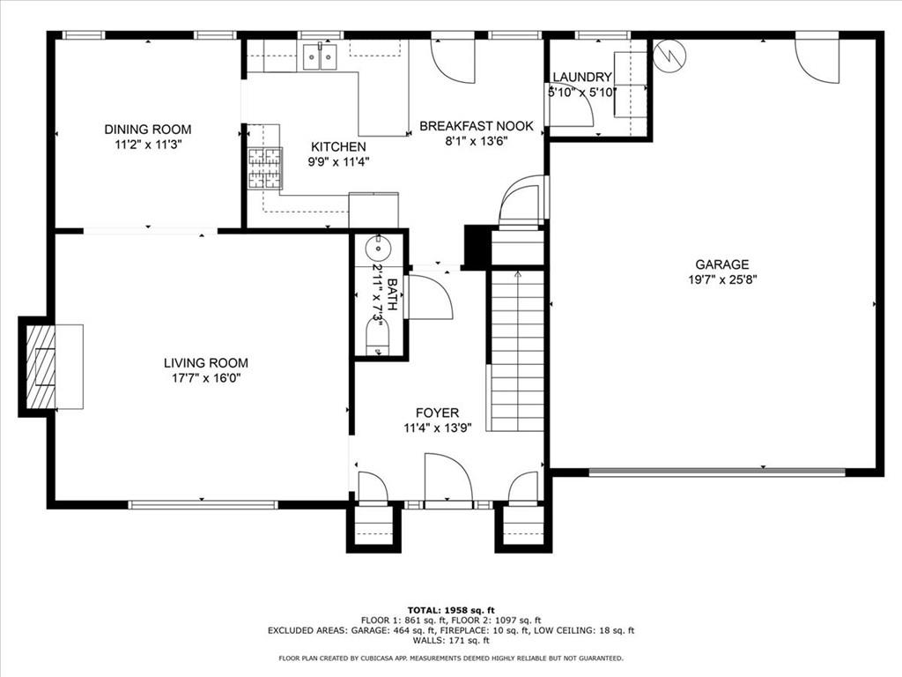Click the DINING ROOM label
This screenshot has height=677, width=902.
pos(148,129)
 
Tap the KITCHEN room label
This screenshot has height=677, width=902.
pos(338,147)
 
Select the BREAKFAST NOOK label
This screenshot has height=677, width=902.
pos(477,125)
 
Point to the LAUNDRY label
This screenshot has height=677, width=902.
pos(582,78)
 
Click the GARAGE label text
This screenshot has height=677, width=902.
pos(722,264)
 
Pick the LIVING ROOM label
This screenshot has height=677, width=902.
pos(206,362)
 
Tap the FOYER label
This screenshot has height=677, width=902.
pos(437,413)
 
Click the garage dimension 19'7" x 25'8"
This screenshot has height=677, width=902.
pos(722,279)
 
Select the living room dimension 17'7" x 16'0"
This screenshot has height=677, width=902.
pos(206,378)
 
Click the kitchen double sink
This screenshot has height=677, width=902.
pos(321,57)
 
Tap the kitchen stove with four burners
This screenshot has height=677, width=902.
pos(265,168)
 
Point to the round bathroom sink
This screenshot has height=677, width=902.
pos(379,249)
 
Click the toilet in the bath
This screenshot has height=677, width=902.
pos(378,338)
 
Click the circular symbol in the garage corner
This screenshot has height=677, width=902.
pos(669,56)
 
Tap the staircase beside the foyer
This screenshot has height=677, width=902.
pos(517,350)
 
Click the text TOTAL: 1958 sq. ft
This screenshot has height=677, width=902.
pos(451,610)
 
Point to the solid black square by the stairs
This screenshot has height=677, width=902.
pos(476,248)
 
